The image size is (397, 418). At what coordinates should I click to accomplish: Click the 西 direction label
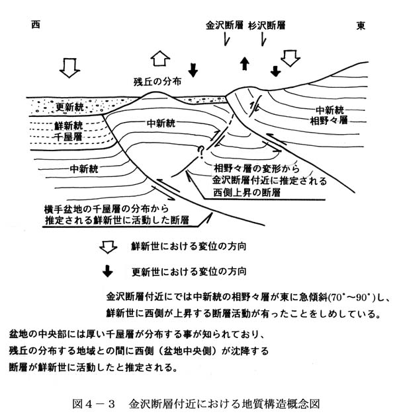click(36, 25)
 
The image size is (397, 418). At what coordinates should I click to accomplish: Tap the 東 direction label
click(361, 26)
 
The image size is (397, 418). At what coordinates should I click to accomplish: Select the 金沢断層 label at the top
click(224, 26)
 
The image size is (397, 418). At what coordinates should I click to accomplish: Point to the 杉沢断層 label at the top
click(267, 26)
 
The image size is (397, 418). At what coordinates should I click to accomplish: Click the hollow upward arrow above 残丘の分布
click(160, 58)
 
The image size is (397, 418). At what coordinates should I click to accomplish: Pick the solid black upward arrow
click(244, 64)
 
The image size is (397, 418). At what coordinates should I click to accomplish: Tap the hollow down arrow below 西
click(69, 68)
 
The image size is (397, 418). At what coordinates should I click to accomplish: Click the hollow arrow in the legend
click(109, 247)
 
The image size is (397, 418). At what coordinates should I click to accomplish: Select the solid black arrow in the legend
click(108, 271)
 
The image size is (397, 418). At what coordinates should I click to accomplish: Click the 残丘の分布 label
click(157, 82)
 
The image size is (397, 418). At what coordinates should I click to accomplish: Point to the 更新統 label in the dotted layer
click(69, 107)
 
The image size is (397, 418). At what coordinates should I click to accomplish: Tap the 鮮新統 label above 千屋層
click(68, 125)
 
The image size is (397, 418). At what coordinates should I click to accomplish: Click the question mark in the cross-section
click(200, 153)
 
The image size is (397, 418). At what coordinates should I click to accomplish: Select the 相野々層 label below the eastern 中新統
click(329, 120)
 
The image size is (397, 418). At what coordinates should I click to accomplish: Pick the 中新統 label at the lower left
click(84, 169)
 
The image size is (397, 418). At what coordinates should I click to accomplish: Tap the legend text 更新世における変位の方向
click(189, 271)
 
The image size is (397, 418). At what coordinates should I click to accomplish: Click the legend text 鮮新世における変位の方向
click(189, 246)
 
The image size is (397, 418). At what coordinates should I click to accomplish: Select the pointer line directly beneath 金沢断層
click(227, 40)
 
